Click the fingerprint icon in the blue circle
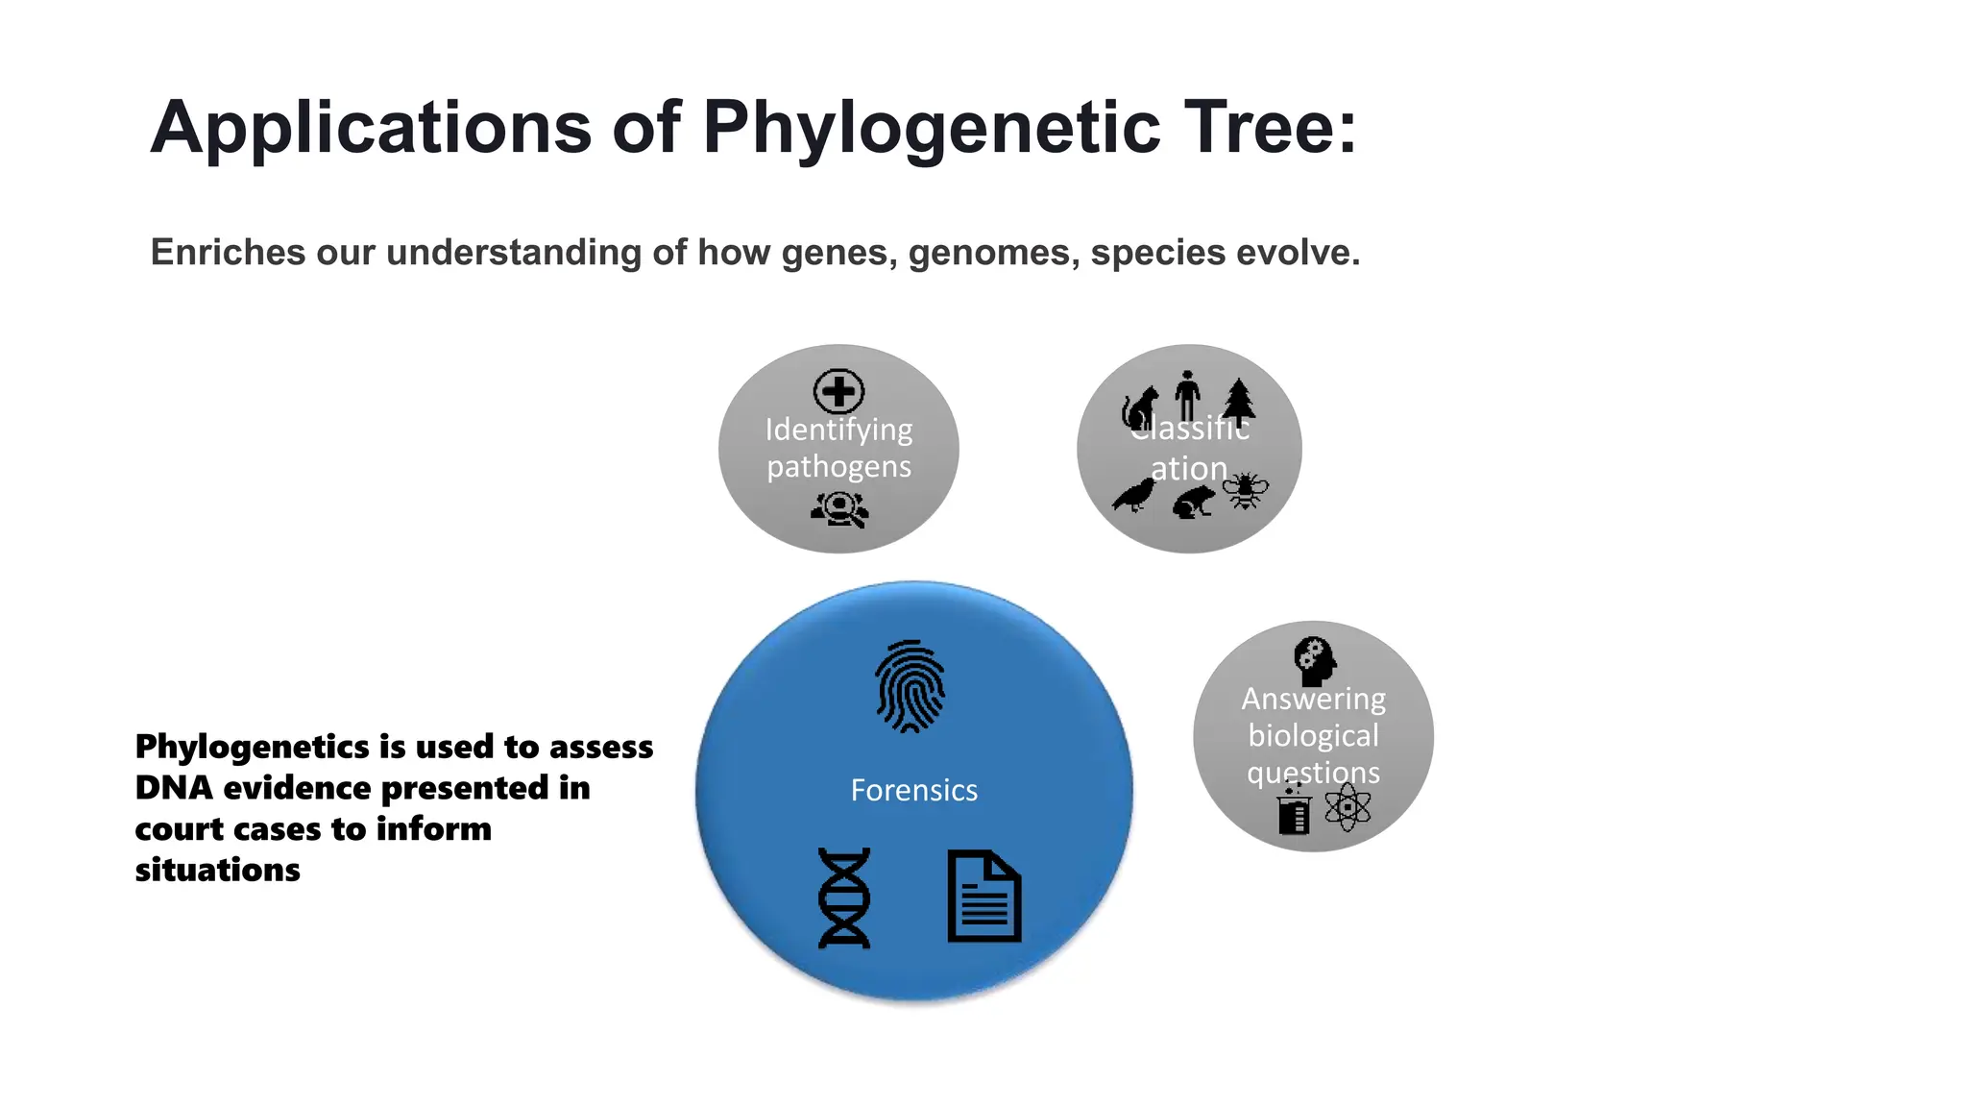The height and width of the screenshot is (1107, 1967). coord(910,686)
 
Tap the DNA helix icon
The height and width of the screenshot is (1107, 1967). coord(844,898)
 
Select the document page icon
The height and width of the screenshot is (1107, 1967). coord(984,896)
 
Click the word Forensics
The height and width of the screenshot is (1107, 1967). coord(913,790)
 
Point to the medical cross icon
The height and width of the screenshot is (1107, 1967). coord(838,391)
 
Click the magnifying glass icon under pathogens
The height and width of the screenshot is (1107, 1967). coord(840,509)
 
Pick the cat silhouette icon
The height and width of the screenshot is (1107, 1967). coord(1140,408)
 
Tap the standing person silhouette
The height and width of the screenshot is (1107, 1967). coord(1188,395)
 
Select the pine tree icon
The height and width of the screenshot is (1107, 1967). coord(1239,401)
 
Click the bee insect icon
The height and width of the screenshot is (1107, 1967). coord(1245,490)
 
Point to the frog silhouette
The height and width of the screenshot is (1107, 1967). coord(1194,502)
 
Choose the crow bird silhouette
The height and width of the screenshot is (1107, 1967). coord(1134,495)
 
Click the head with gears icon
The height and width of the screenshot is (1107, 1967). coord(1315,660)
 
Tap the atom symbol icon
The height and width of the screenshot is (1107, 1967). coord(1348,807)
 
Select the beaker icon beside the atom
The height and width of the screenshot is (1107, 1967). coord(1294,809)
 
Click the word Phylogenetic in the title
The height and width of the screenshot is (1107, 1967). coord(932,127)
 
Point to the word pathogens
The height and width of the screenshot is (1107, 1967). coord(838,466)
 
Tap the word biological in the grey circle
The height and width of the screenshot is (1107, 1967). coord(1313,735)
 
